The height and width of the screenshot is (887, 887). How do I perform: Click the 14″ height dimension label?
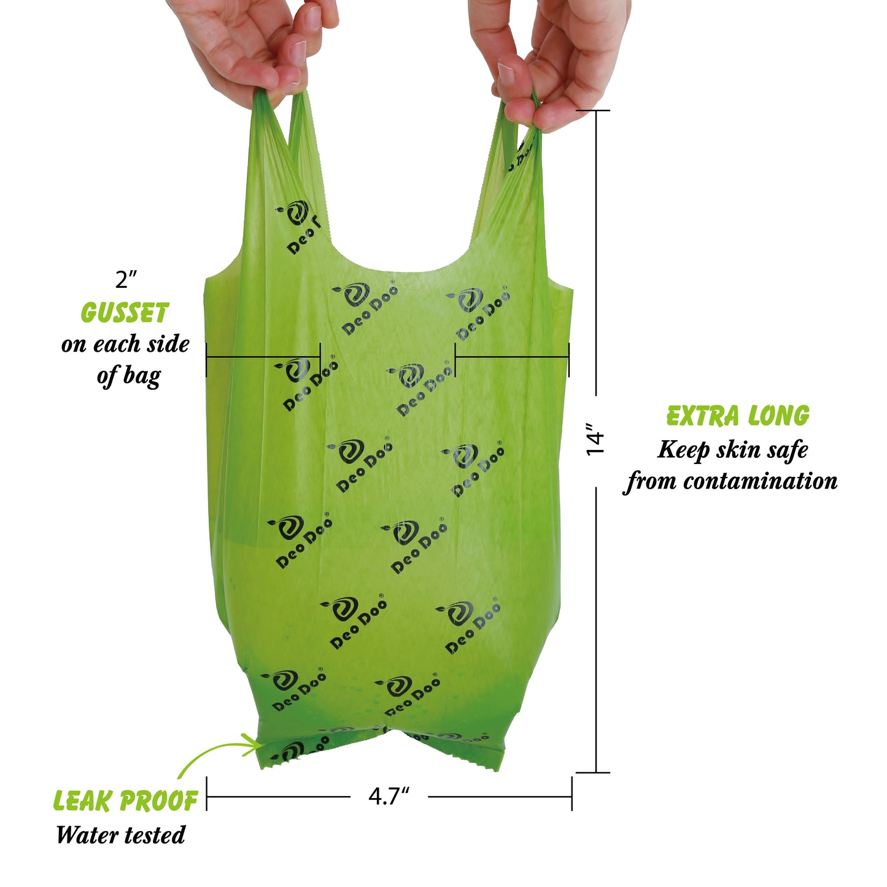tap(595, 439)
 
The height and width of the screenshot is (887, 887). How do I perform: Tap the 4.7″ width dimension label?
tap(389, 797)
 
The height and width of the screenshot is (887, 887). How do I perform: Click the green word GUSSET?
tap(125, 314)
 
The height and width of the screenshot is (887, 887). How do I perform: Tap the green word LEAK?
tap(83, 801)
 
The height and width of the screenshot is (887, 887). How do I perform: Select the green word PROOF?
tap(158, 801)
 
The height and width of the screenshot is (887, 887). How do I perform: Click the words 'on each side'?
tap(125, 344)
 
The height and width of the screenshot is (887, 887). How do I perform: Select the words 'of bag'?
tap(128, 376)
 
